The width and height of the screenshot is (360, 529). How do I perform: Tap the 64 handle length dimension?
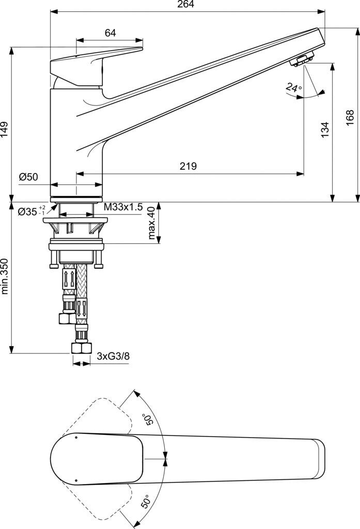tap(111, 33)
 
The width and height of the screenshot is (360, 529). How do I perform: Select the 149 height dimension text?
tap(4, 129)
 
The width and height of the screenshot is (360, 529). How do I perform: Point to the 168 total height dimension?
tap(350, 118)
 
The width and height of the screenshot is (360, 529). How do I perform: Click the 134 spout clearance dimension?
tap(324, 130)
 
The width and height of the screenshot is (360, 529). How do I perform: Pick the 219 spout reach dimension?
tap(188, 166)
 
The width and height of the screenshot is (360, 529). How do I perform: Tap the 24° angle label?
tap(293, 88)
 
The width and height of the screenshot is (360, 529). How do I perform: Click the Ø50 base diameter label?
tap(28, 177)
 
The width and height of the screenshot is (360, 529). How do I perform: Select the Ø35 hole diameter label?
tap(32, 212)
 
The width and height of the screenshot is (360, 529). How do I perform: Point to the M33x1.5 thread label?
tap(123, 207)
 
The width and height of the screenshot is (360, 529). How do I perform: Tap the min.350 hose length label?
tap(4, 276)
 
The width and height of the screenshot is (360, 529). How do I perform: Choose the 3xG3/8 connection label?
tap(113, 356)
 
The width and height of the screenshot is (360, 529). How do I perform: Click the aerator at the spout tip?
tap(302, 59)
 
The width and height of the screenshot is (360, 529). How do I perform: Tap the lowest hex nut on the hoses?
tap(82, 348)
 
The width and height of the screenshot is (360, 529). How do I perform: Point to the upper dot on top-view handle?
tap(75, 437)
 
